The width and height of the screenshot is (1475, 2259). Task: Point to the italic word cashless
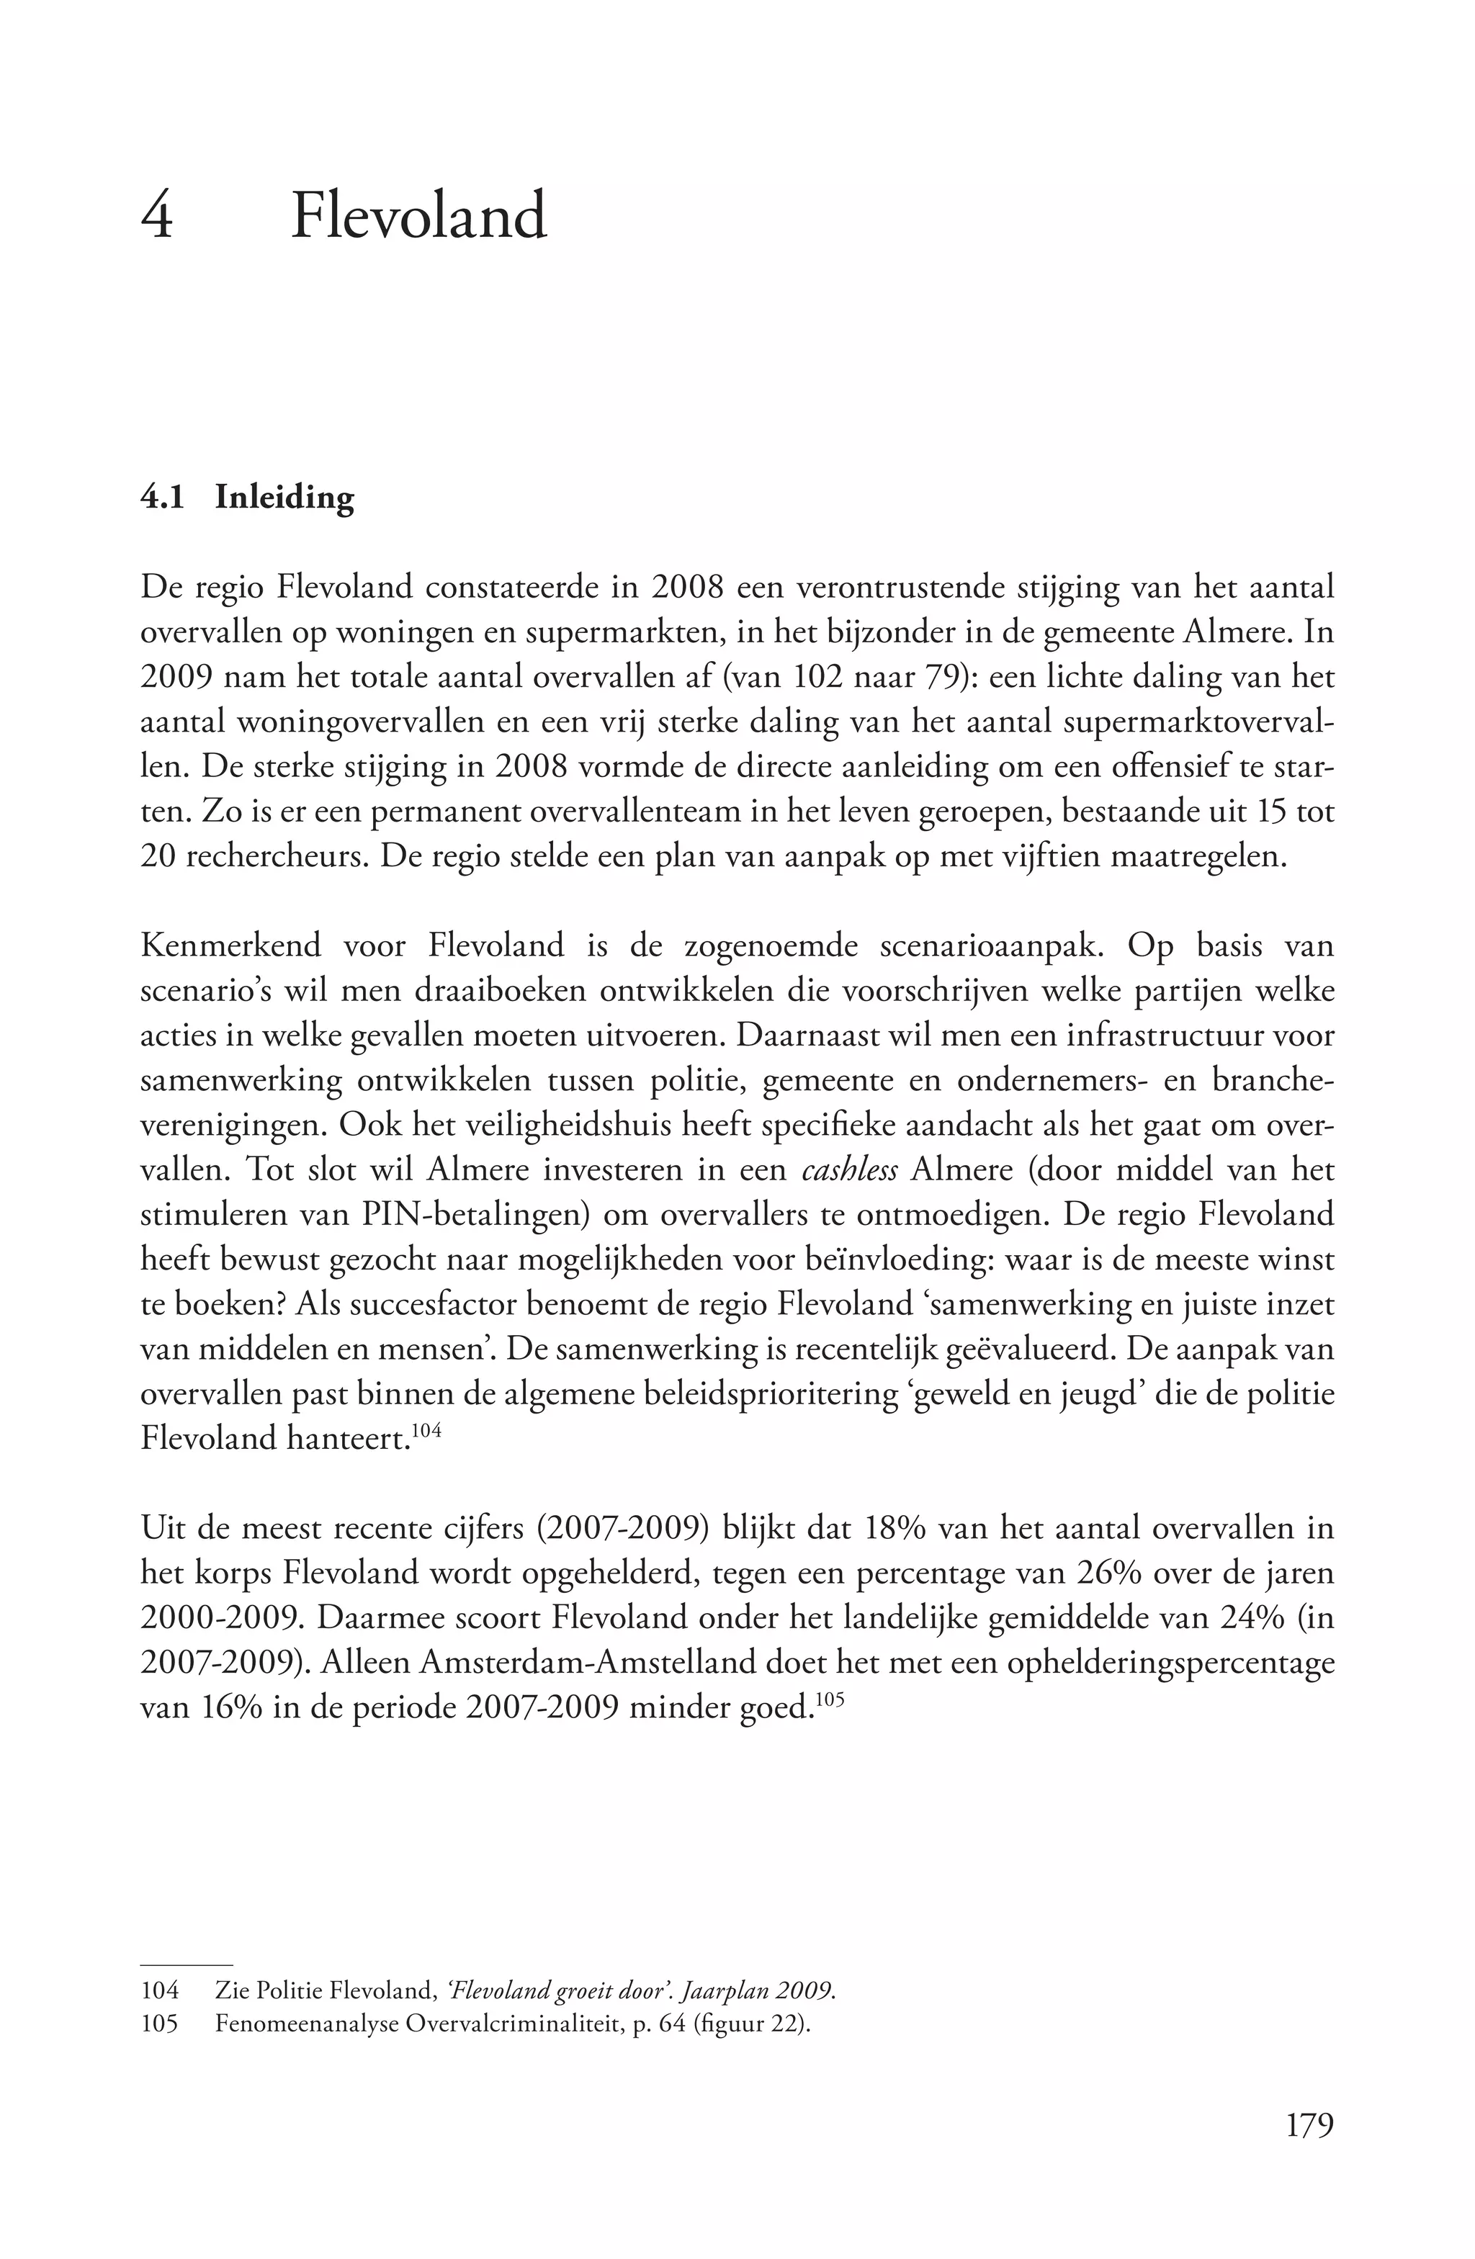(850, 1170)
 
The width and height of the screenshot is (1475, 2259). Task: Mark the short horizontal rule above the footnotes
(186, 1964)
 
